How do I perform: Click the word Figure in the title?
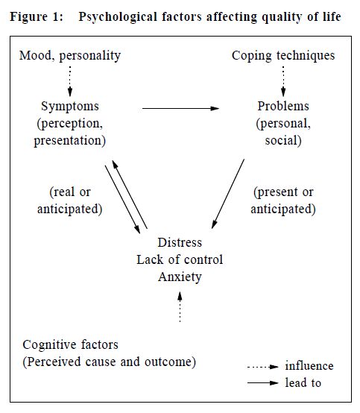[x=29, y=17]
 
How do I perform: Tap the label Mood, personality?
[x=70, y=56]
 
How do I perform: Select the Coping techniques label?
[x=283, y=56]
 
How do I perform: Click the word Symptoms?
[x=70, y=107]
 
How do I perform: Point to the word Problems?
[x=283, y=106]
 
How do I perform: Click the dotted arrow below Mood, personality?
[x=70, y=81]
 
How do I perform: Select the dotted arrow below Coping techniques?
[x=283, y=81]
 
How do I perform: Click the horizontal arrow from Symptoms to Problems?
[x=180, y=108]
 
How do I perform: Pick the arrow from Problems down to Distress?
[x=228, y=194]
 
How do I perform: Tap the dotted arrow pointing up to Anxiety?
[x=180, y=307]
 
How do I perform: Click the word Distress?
[x=180, y=242]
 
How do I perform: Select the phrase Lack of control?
[x=180, y=259]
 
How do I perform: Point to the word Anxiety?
[x=180, y=277]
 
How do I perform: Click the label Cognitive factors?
[x=70, y=344]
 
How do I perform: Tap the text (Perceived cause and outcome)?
[x=110, y=362]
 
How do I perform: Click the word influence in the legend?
[x=309, y=366]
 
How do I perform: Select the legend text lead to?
[x=303, y=382]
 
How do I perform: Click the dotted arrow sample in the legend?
[x=263, y=367]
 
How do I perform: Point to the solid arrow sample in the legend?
[x=263, y=382]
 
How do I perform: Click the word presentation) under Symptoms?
[x=70, y=141]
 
